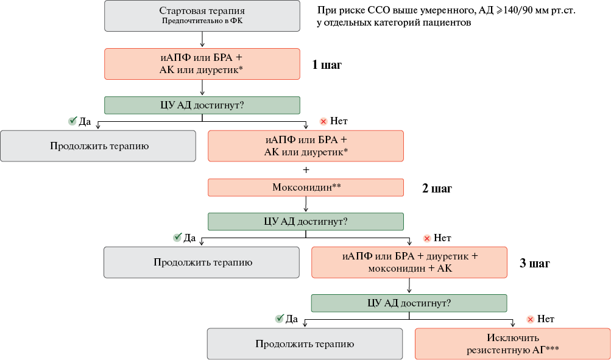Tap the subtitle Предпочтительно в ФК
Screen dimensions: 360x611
tap(202, 21)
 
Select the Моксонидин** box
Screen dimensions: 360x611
tap(306, 188)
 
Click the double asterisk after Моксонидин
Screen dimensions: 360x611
tap(336, 186)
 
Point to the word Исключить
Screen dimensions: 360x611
tap(513, 337)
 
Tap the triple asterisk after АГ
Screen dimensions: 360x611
tap(554, 348)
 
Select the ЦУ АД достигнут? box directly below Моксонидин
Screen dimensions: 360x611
tap(306, 222)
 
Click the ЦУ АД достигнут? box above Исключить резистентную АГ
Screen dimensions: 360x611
tap(409, 303)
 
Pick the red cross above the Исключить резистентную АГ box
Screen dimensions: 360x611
tap(530, 319)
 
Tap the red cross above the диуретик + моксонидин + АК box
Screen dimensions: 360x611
tap(427, 238)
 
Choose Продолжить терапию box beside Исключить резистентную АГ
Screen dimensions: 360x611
tap(305, 344)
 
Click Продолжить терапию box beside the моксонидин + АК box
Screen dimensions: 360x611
tap(202, 263)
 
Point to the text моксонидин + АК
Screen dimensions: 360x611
tap(410, 269)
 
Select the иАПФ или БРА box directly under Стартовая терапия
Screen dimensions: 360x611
tap(202, 64)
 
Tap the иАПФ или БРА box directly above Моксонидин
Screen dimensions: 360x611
tap(306, 146)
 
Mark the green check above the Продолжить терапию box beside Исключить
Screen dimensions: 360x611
tap(279, 319)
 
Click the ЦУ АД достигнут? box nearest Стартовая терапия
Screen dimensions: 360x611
tap(202, 105)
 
